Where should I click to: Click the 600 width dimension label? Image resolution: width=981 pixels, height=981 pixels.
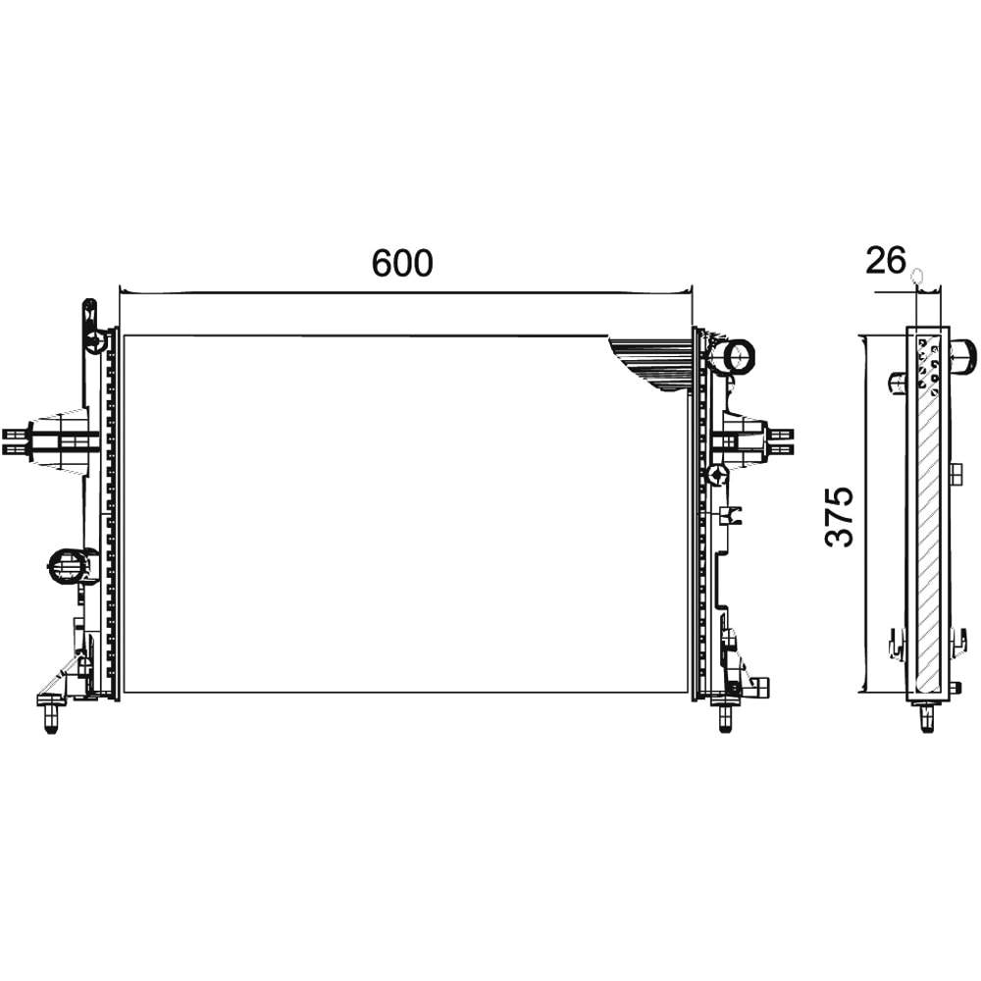click(x=402, y=263)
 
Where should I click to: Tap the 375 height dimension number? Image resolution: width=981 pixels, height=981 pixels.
click(x=840, y=515)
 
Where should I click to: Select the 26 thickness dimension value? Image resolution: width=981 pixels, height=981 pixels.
click(x=885, y=261)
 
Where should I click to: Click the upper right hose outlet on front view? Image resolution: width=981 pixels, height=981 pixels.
click(x=737, y=354)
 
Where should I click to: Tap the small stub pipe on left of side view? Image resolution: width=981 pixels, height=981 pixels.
click(x=897, y=382)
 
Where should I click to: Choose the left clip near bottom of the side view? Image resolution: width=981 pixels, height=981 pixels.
click(x=897, y=644)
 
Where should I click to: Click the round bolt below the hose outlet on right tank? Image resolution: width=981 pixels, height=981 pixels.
click(x=718, y=476)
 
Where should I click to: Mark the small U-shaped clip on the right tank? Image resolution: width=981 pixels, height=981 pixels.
click(x=732, y=514)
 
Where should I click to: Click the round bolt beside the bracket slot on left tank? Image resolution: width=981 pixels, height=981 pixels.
click(x=95, y=341)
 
